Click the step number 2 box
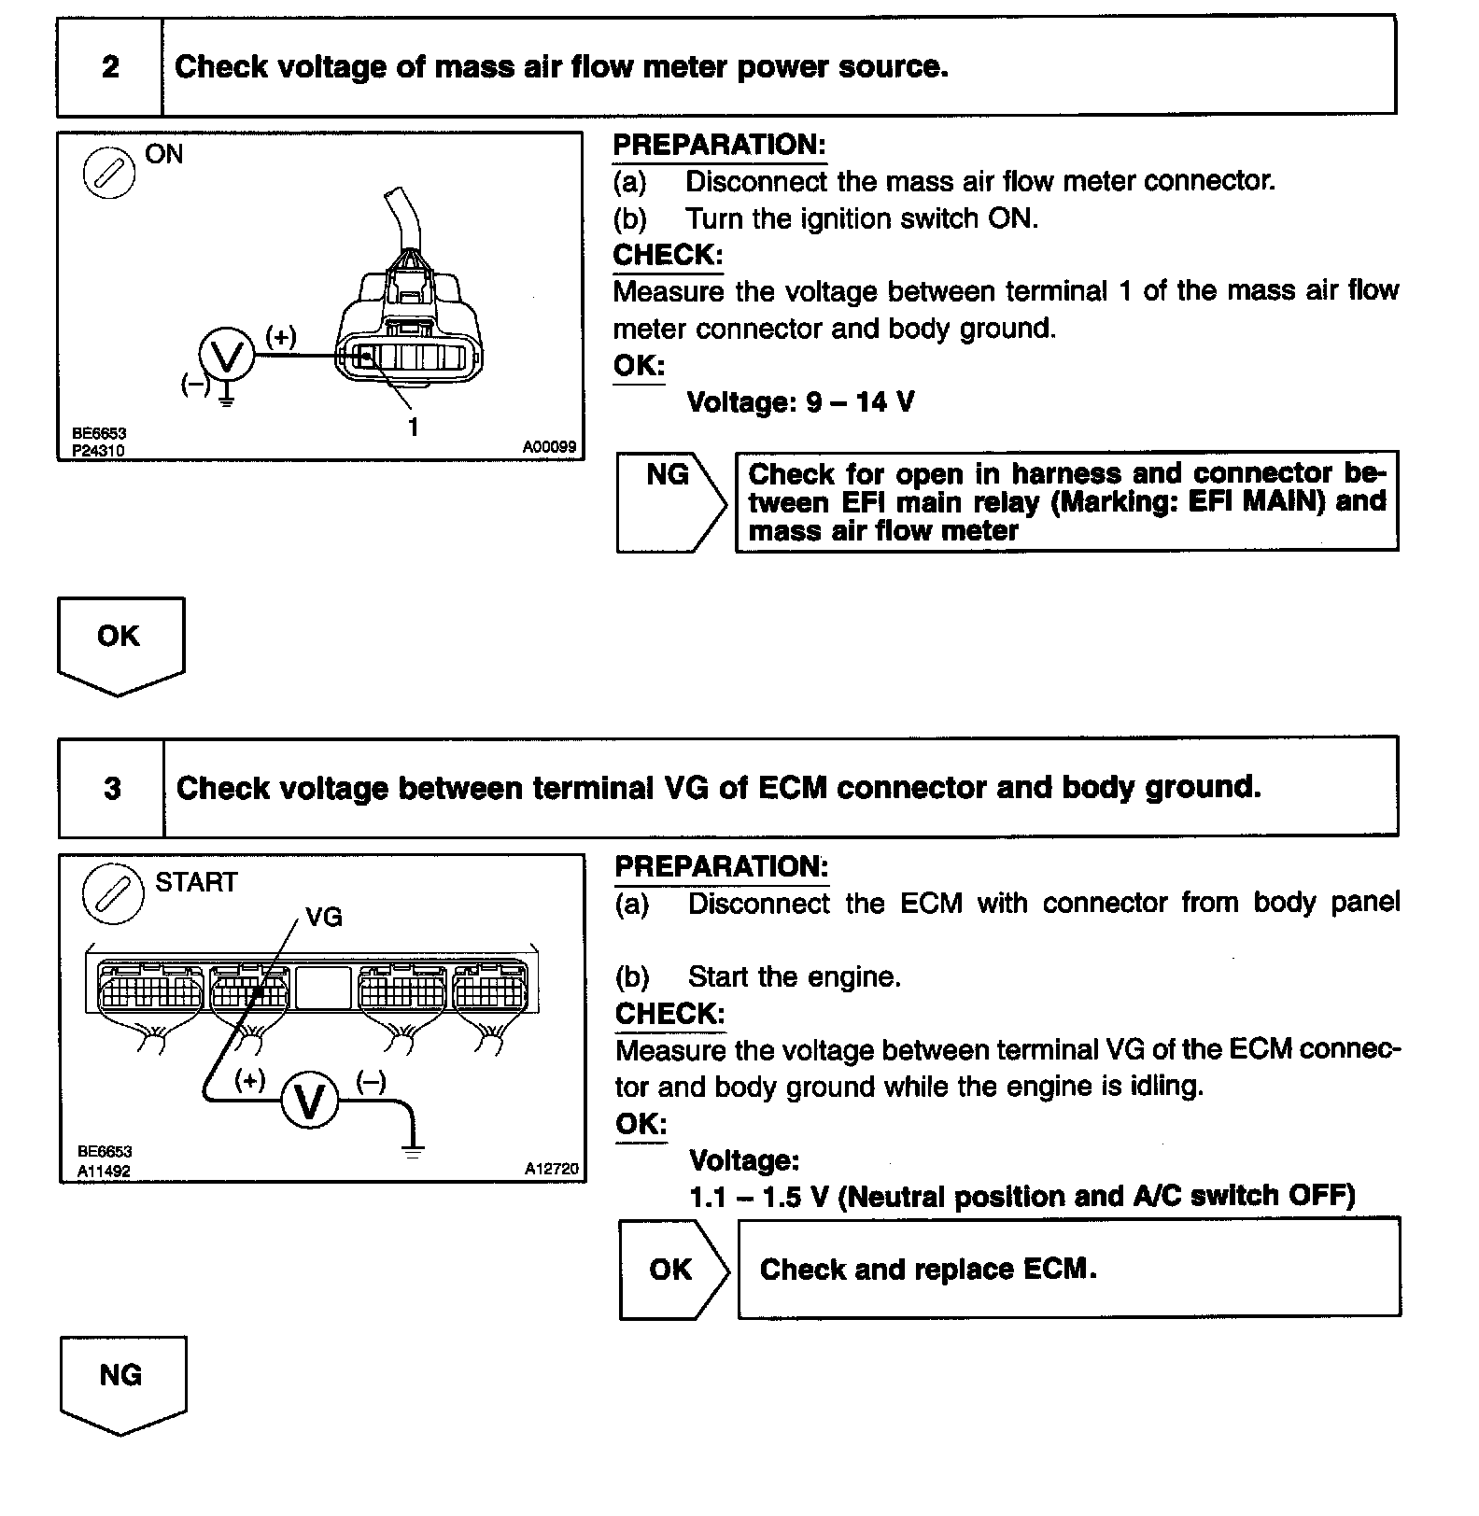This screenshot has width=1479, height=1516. (x=110, y=66)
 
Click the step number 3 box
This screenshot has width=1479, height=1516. (x=112, y=788)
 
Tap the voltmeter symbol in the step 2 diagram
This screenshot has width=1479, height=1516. (x=227, y=356)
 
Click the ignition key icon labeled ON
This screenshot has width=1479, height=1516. (x=109, y=174)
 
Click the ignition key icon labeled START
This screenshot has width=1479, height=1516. (x=113, y=893)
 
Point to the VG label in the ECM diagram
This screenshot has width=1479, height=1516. (x=324, y=917)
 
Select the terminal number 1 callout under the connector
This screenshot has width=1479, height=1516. (x=413, y=427)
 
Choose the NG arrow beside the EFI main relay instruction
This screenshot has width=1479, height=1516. (x=669, y=502)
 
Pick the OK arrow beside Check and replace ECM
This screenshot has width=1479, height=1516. (x=672, y=1269)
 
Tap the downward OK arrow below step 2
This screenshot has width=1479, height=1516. (x=120, y=645)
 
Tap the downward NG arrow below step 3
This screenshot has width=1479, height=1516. (x=122, y=1384)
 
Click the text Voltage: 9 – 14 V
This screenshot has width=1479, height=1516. (x=800, y=402)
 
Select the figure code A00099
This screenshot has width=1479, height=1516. (x=549, y=447)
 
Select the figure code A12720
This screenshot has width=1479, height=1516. (x=551, y=1168)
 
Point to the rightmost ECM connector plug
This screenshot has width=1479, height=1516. (x=490, y=989)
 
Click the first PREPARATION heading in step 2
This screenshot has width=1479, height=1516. (x=719, y=145)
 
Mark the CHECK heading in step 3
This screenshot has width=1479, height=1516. (x=669, y=1013)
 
